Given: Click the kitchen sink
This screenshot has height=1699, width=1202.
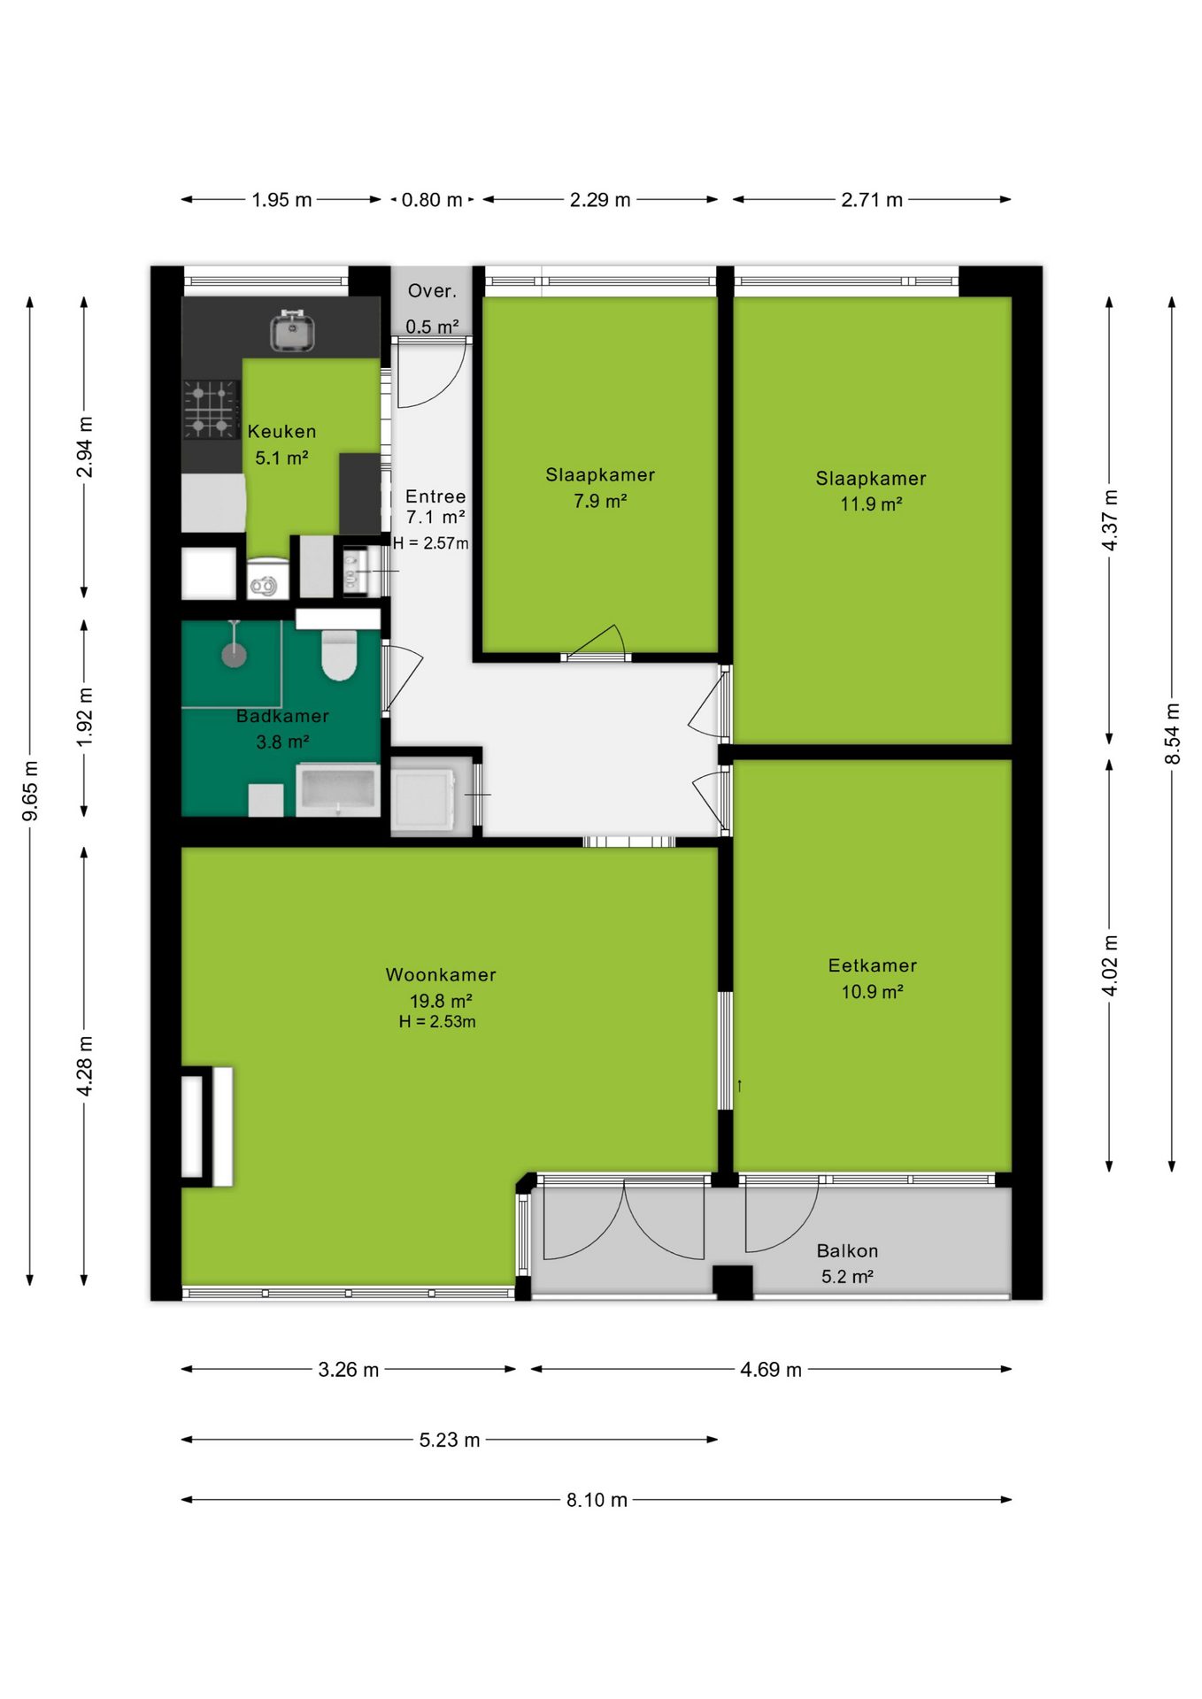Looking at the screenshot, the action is click(293, 331).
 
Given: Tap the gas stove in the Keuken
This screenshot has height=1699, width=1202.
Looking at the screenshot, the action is click(212, 410).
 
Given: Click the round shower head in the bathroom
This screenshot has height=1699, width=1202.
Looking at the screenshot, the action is click(234, 655).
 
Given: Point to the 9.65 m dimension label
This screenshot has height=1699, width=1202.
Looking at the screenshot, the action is click(30, 790).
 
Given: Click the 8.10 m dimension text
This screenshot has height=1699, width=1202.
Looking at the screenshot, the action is click(597, 1500).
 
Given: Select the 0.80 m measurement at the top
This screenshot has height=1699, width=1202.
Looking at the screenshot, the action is click(432, 200).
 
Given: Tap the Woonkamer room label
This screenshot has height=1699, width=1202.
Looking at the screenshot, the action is click(441, 974).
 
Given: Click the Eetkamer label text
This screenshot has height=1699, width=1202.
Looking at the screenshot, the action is click(873, 965).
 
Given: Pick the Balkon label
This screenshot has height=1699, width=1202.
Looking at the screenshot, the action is click(847, 1250).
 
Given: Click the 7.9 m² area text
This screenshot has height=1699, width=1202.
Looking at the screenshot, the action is click(600, 501).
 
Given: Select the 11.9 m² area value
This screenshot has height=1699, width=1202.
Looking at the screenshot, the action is click(871, 504).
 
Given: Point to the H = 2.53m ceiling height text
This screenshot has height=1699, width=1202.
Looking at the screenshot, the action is click(437, 1022).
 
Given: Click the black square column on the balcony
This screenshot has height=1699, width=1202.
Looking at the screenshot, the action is click(733, 1282).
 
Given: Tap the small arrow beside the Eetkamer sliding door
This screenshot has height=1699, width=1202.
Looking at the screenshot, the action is click(739, 1085).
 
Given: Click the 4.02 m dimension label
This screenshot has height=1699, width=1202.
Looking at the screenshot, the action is click(1110, 965).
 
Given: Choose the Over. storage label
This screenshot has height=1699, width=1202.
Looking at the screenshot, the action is click(432, 291).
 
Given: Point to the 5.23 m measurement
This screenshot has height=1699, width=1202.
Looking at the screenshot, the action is click(450, 1440).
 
